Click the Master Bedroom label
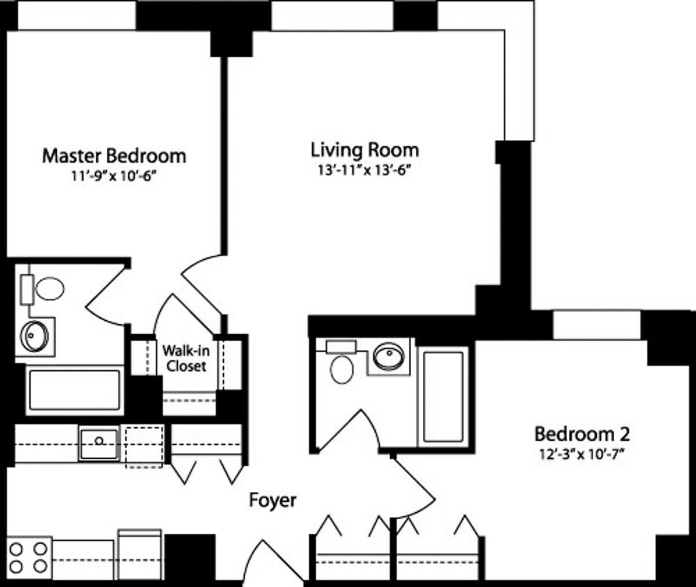coord(114,156)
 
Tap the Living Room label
coord(364,150)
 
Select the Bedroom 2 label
coord(582,433)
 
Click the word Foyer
coord(273,500)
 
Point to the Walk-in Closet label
coord(184,358)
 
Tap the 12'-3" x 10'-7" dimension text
coord(582,454)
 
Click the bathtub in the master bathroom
coord(74,392)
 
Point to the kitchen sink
coord(99,444)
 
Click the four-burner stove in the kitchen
coord(28,557)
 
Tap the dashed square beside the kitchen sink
coord(144,447)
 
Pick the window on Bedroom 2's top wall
coord(596,325)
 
